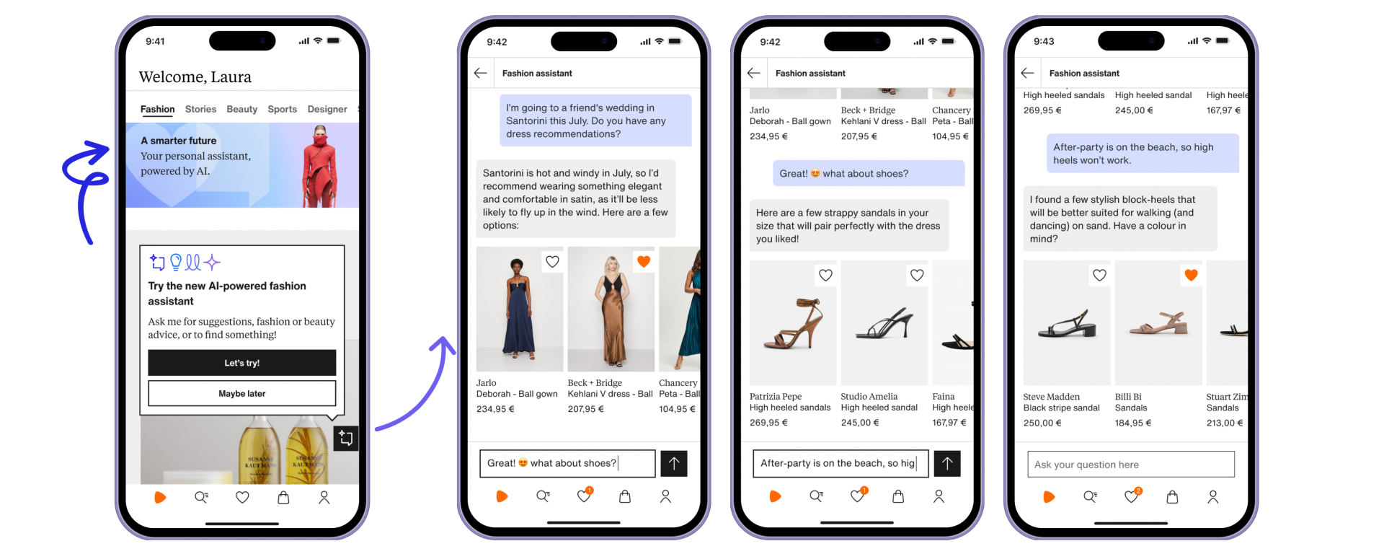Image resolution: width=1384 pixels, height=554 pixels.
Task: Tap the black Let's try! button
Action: point(241,363)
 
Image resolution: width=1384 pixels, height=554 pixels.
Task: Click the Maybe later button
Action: point(241,393)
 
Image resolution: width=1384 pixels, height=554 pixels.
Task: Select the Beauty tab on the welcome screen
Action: point(241,109)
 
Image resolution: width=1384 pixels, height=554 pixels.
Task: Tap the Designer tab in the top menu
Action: point(327,109)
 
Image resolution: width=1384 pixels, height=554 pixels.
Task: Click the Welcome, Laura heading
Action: point(195,77)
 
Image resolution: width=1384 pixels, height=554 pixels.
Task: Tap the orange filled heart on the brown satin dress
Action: point(644,261)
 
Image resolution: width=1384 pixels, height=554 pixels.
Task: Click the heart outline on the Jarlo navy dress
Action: point(552,261)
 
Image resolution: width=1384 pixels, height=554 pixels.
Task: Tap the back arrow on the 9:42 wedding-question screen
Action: point(481,73)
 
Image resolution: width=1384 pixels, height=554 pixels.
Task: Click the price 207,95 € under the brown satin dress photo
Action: point(585,409)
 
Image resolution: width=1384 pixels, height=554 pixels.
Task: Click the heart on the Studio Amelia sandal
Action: point(917,275)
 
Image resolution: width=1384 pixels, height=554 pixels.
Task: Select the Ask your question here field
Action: point(1130,465)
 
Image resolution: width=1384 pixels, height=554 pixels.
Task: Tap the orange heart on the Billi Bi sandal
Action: point(1191,275)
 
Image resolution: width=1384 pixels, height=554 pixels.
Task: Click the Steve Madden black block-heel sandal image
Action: point(1066,326)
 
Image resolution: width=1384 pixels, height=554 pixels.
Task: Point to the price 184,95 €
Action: point(1133,423)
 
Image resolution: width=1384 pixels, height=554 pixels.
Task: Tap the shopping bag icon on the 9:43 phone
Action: point(1172,496)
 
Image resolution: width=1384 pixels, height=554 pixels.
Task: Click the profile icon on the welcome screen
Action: point(324,497)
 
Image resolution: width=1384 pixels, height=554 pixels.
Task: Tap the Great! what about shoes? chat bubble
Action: point(868,173)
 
